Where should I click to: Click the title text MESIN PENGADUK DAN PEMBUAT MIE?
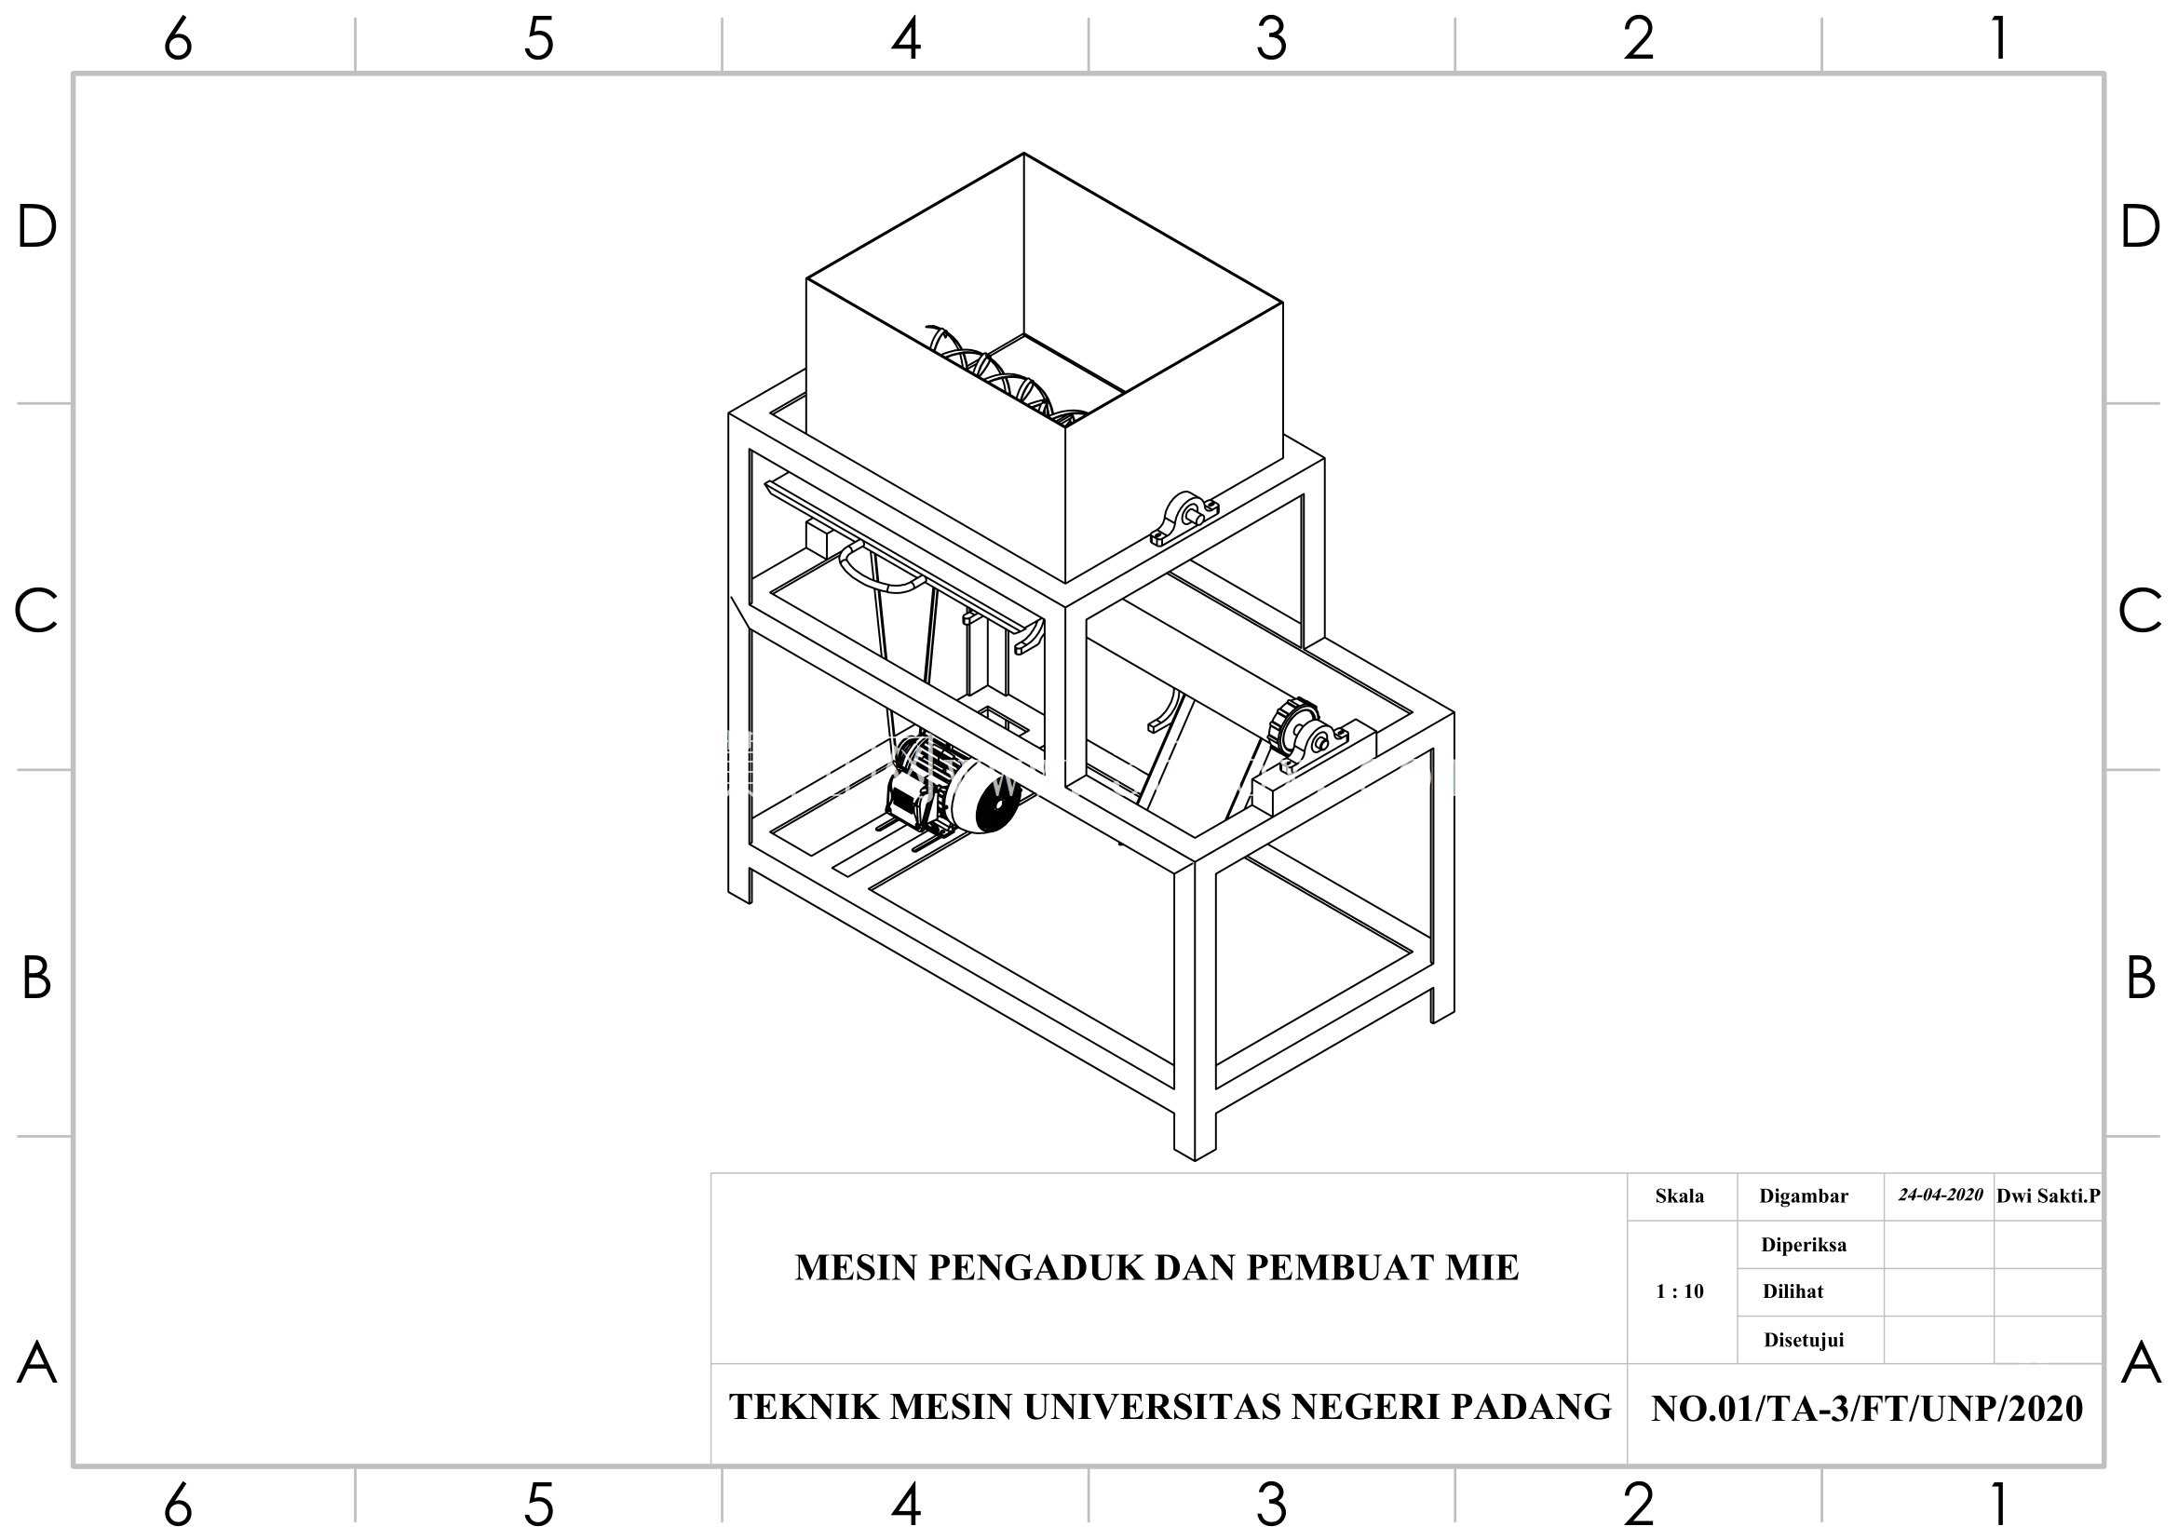point(1157,1268)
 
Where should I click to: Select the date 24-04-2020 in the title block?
point(1940,1195)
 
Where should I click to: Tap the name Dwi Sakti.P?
point(2048,1196)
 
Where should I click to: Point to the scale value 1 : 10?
point(1679,1291)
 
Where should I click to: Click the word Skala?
point(1679,1196)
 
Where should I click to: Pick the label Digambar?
point(1804,1196)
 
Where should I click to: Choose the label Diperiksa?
point(1804,1245)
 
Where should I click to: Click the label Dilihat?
point(1792,1291)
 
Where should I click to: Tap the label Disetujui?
point(1804,1340)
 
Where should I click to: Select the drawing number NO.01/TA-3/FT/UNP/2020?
point(1867,1409)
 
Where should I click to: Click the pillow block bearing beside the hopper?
point(1184,519)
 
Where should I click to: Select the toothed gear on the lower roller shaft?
point(1292,724)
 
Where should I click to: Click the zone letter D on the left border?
point(37,227)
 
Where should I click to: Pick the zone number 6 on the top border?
point(178,40)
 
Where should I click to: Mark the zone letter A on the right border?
point(2141,1364)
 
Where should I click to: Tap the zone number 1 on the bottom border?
point(1998,1504)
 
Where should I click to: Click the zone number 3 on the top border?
point(1271,40)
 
